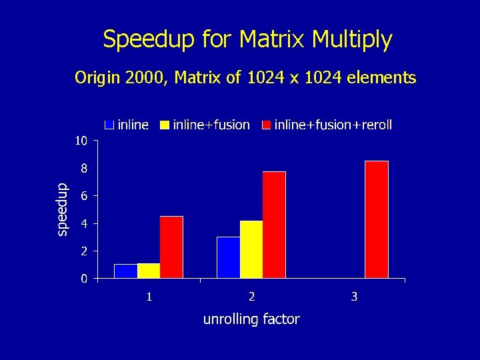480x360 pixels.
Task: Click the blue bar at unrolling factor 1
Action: click(x=125, y=271)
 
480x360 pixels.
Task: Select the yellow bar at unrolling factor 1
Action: click(x=149, y=271)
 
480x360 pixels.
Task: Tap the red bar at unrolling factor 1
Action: click(x=171, y=247)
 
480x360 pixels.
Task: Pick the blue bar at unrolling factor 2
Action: click(x=228, y=257)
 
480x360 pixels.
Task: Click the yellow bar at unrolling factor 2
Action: click(x=251, y=249)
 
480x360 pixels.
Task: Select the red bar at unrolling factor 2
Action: click(x=274, y=225)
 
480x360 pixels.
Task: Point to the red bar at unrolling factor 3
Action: click(x=377, y=219)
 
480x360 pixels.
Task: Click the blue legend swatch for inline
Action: click(x=109, y=125)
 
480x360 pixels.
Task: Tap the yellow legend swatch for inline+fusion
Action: click(x=164, y=125)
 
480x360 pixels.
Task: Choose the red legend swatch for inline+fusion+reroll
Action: click(x=266, y=125)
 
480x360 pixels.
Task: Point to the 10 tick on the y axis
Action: click(x=80, y=141)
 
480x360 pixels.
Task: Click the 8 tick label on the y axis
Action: click(x=83, y=169)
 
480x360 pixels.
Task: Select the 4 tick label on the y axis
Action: click(x=83, y=223)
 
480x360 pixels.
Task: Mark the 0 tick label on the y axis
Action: click(x=83, y=279)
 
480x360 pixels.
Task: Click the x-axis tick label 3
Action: click(x=354, y=296)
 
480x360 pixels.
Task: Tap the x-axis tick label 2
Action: click(x=251, y=296)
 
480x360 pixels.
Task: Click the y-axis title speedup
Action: click(x=61, y=209)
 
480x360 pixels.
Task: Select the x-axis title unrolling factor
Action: click(x=251, y=319)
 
